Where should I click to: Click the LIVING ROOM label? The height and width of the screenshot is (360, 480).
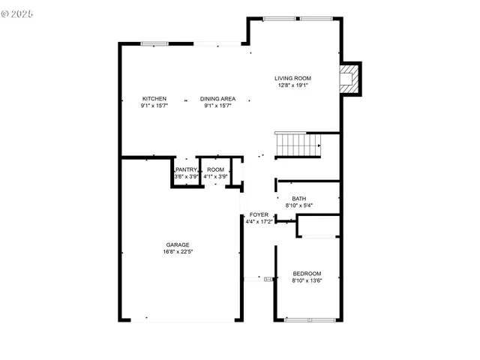292,78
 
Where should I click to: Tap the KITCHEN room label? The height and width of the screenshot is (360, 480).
154,99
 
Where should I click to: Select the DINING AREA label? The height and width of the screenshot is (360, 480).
217,99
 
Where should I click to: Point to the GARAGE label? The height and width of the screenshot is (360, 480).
178,244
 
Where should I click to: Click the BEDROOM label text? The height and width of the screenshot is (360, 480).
307,273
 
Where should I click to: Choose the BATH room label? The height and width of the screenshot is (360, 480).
299,199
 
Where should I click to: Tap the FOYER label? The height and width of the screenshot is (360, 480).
259,214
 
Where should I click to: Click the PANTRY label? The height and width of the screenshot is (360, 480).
187,169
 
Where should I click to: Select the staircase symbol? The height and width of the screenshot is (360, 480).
298,144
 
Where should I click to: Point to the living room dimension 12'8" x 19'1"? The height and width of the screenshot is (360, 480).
292,85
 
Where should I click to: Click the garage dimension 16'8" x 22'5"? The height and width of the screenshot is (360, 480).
178,252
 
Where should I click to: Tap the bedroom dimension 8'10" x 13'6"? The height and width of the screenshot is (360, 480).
307,280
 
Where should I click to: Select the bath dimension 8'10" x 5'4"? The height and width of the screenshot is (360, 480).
299,205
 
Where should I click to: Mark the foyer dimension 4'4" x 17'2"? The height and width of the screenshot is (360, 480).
259,221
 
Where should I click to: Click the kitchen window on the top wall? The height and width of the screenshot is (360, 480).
154,43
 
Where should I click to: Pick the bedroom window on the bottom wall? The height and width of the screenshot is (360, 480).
310,320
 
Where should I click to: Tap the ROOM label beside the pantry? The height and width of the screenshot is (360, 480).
216,169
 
